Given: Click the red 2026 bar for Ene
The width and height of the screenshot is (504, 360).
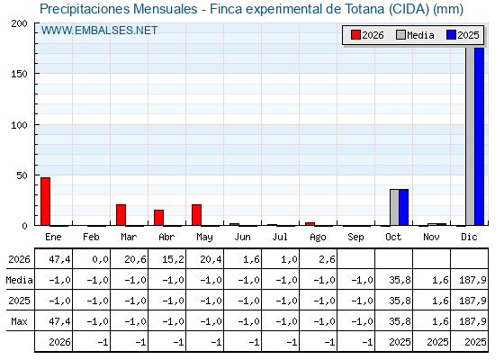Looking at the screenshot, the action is (x=45, y=202).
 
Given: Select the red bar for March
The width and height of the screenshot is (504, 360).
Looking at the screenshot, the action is (x=121, y=215).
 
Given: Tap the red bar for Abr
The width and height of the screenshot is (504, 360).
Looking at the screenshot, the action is (x=158, y=218).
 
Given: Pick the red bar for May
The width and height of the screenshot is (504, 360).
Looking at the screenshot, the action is (x=197, y=215).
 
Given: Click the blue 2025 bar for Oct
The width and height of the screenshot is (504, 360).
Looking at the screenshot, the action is (x=404, y=207).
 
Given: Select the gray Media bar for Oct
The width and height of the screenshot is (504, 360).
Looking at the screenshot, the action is (x=395, y=207).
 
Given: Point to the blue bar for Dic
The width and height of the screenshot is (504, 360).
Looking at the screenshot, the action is (x=479, y=136).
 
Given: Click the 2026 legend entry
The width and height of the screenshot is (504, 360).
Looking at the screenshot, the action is (x=367, y=35).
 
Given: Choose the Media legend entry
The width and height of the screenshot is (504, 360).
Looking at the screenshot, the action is (x=415, y=35).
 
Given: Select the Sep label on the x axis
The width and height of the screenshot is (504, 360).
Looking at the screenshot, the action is (x=355, y=238).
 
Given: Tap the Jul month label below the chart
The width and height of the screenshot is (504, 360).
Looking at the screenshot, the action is (x=280, y=237).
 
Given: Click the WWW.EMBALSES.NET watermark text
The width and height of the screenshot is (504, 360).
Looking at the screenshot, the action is (x=99, y=31).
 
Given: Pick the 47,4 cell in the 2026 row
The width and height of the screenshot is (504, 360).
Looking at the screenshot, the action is (x=59, y=259).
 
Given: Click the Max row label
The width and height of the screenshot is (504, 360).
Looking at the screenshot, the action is (x=19, y=321).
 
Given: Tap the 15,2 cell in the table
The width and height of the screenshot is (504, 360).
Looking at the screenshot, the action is (x=173, y=259).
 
